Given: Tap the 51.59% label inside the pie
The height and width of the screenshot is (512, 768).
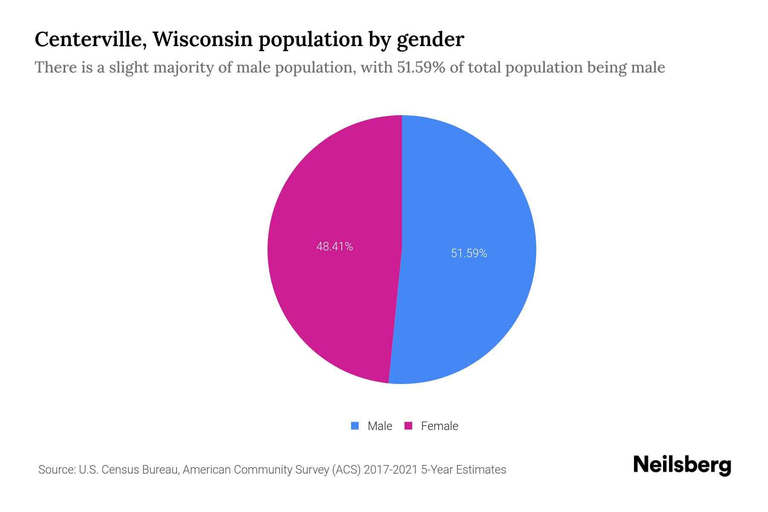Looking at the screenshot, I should (469, 253).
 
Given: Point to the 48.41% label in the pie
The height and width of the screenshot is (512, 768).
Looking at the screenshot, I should (335, 247).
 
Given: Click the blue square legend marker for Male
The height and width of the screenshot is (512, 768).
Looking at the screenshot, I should (355, 426).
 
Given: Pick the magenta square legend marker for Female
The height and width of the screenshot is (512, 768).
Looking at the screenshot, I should (408, 426).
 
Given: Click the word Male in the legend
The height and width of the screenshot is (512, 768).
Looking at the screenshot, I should (380, 426).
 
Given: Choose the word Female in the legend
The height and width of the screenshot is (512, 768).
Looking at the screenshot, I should (439, 426).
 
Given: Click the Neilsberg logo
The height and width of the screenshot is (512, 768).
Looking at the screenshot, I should (682, 465).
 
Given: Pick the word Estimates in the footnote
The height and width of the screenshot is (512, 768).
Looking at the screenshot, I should (481, 470).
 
